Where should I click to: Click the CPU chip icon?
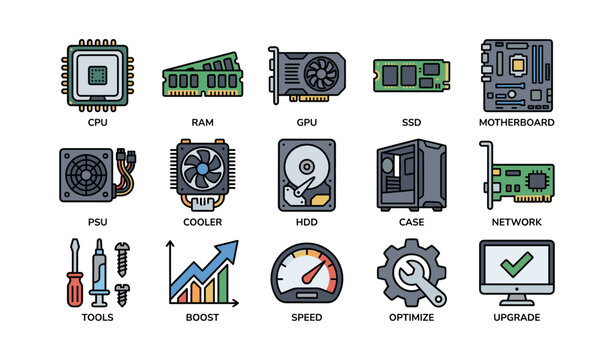97,74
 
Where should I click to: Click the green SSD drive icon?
411,75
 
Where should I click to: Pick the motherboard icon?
516,74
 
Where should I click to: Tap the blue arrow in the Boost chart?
214,262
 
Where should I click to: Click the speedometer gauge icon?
306,273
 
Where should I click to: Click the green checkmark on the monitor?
516,264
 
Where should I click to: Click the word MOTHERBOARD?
516,123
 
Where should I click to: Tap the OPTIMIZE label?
411,317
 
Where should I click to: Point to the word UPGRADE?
516,317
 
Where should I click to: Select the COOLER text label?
202,222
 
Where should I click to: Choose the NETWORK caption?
516,222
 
